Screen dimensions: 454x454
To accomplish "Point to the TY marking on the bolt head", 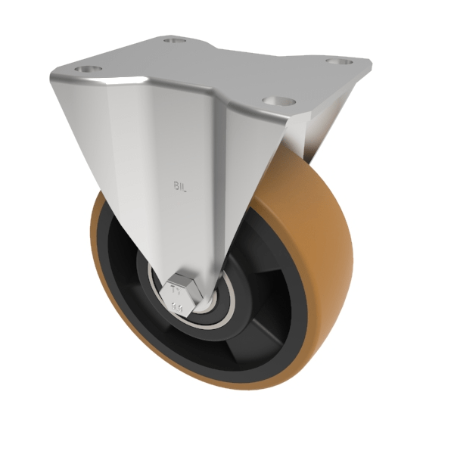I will click(x=177, y=289).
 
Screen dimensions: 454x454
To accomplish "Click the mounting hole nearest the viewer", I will click(x=278, y=99).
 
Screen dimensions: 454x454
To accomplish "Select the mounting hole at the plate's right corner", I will click(x=339, y=61).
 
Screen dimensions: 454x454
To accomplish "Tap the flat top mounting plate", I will click(x=219, y=68).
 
